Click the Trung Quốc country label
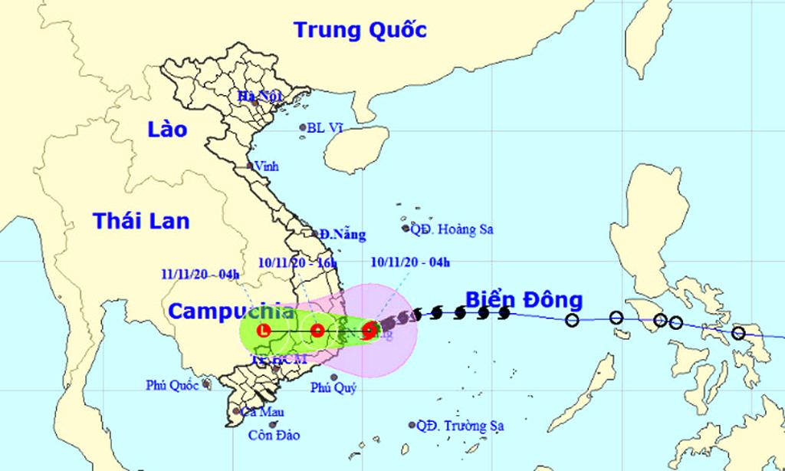360,30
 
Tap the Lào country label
167,130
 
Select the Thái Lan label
141,221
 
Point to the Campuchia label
230,311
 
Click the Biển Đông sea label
524,299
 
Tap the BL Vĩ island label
324,128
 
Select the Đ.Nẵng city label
343,235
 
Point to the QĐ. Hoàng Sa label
452,229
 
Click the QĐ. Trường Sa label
461,425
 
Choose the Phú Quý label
333,388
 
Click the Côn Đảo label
274,435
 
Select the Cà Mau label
258,412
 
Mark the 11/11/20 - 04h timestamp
201,274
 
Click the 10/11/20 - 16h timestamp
298,263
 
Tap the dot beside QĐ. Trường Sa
412,424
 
